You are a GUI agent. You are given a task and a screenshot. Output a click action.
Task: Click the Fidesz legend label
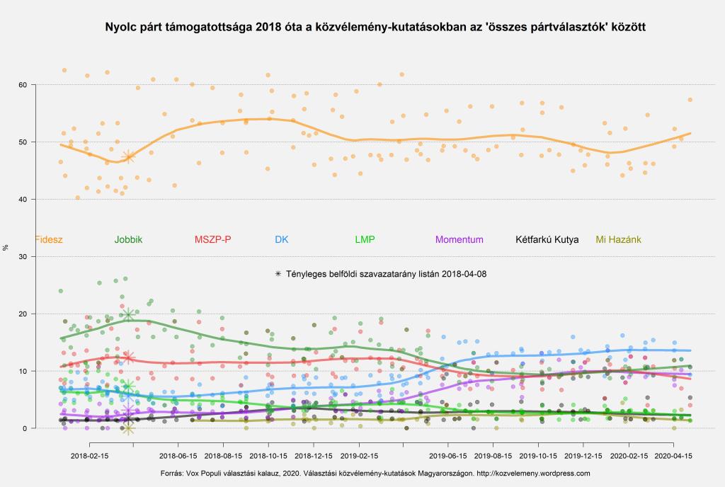[49, 239]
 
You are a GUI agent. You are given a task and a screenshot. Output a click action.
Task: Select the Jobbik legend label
[128, 239]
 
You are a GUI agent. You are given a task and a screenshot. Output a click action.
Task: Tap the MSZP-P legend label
[212, 239]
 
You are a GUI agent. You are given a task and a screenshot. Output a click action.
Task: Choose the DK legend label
[281, 239]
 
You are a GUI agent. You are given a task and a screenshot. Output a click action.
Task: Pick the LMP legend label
[365, 239]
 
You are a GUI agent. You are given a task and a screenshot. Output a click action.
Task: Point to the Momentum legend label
[459, 239]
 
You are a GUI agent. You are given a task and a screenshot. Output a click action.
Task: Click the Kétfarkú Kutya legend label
[547, 239]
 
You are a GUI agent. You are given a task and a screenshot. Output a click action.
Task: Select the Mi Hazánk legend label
[618, 239]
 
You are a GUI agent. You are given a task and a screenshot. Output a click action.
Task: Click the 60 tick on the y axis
[23, 85]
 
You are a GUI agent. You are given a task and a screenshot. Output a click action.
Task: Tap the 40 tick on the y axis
[23, 200]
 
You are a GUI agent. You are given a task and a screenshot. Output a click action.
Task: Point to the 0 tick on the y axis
[25, 428]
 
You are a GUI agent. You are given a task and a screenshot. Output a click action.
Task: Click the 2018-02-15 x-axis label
[89, 457]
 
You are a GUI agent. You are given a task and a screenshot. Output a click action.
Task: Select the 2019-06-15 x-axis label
[449, 457]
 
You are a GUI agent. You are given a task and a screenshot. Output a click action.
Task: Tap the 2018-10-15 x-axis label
[269, 457]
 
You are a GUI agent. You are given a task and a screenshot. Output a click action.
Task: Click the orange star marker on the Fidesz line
[128, 156]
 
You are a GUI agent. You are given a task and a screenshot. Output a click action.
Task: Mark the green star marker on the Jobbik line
[128, 315]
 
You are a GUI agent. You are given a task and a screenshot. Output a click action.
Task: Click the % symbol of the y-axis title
[6, 248]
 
